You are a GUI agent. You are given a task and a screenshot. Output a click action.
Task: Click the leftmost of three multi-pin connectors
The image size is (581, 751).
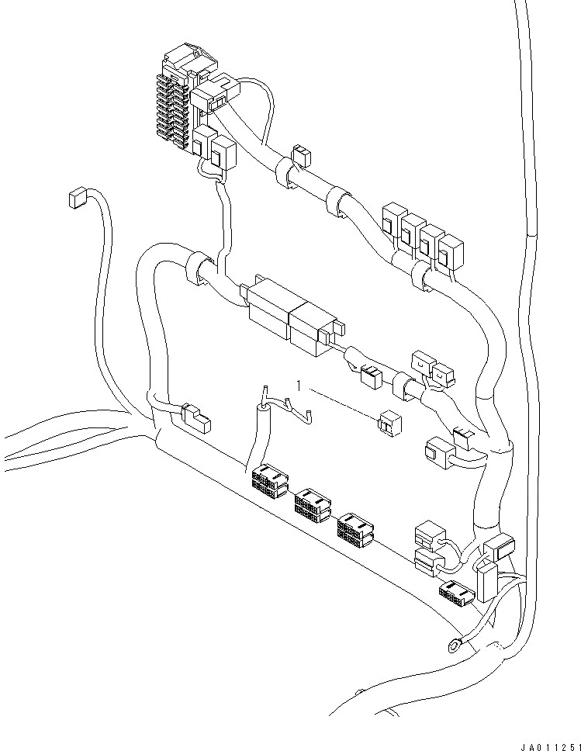pos(268,480)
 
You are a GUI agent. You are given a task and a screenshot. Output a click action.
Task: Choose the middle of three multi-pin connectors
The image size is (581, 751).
pos(312,504)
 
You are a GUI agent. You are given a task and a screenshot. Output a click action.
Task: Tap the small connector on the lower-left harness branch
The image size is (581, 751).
pos(195,418)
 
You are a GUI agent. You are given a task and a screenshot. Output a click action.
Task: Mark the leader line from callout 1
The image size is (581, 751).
pos(341,403)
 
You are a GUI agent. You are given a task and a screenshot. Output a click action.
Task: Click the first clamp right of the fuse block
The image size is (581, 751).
pos(286,175)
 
